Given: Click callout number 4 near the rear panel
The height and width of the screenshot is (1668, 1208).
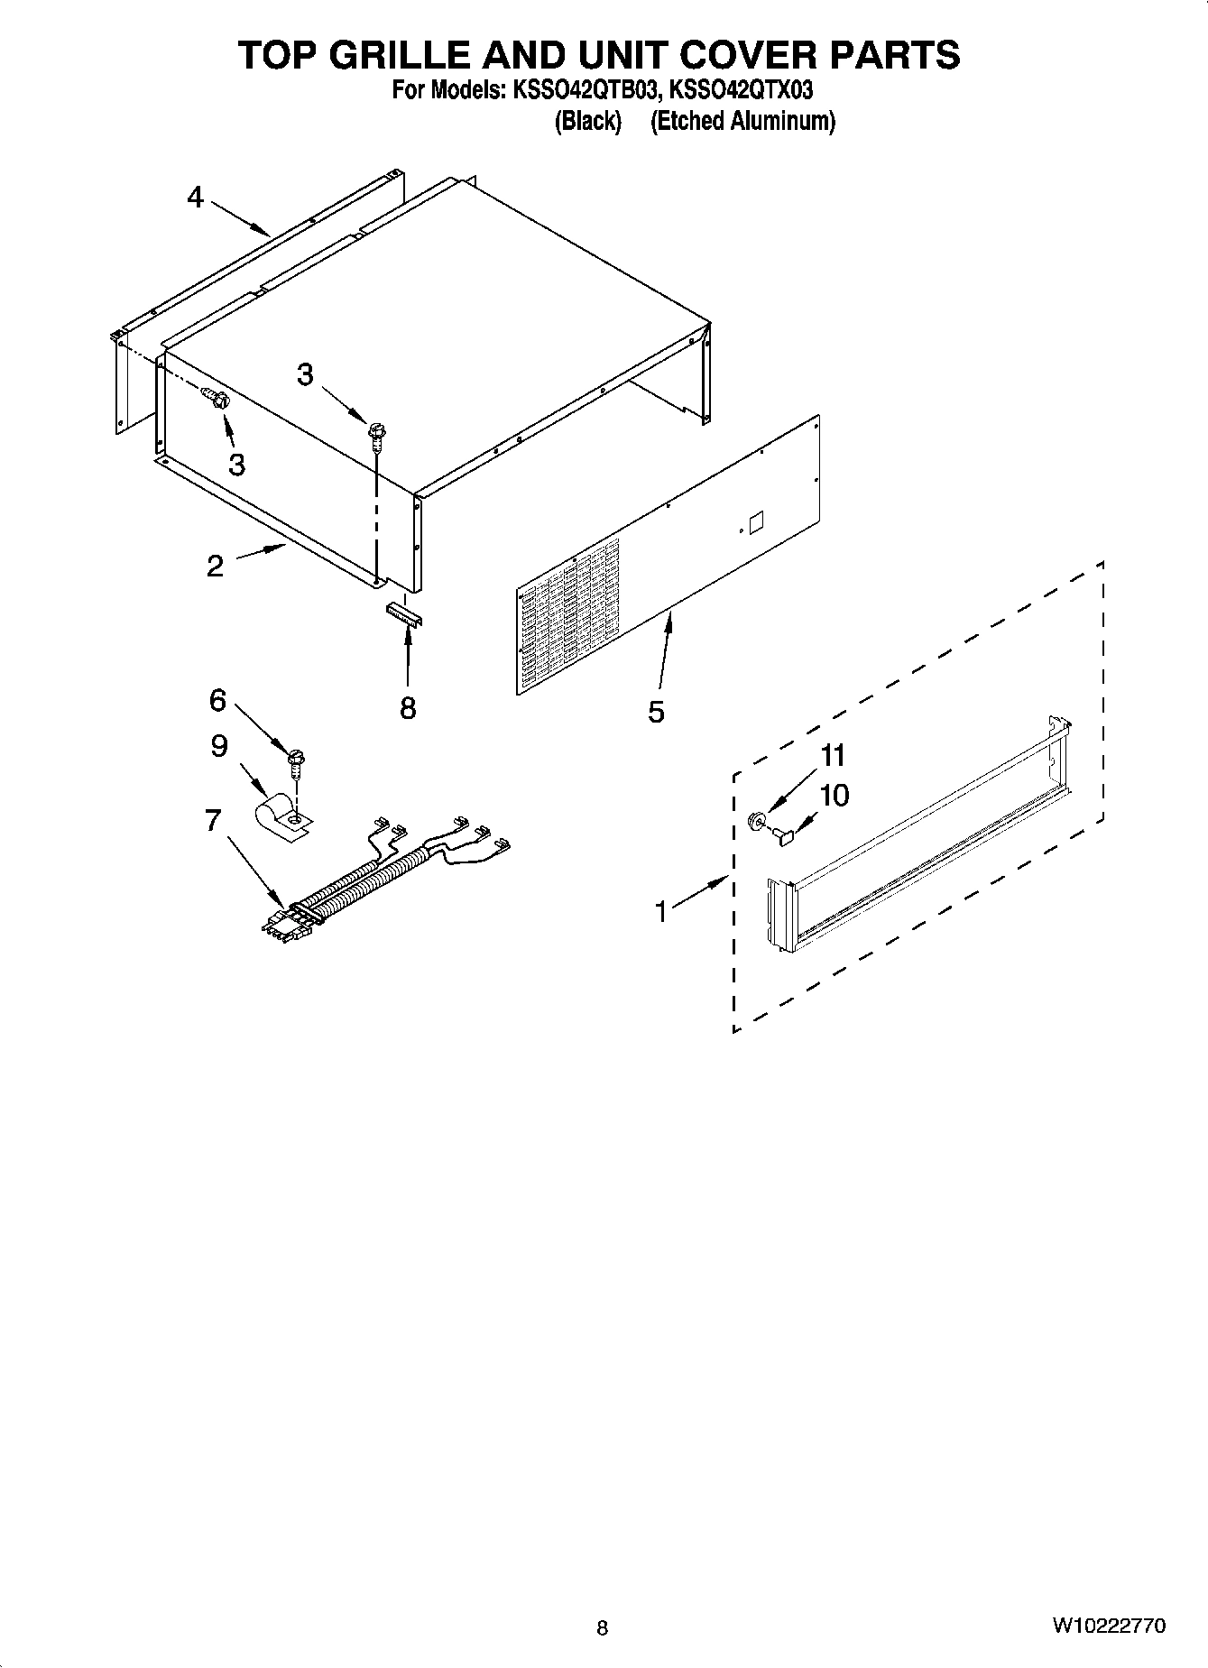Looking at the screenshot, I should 196,197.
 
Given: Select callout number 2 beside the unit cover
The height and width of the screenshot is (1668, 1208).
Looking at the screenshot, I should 215,566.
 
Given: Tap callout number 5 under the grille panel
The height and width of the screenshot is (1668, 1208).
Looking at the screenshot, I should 656,712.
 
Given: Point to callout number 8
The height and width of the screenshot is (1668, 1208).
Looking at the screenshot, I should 408,708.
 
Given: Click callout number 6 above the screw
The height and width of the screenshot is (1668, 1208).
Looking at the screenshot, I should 217,699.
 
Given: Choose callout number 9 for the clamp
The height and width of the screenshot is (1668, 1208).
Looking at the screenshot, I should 218,746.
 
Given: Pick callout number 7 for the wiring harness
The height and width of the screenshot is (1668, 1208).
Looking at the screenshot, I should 213,820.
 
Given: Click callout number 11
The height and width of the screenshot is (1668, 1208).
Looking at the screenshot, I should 832,754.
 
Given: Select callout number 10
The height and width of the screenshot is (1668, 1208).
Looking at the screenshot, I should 835,796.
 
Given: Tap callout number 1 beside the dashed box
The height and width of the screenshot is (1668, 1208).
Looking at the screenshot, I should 661,912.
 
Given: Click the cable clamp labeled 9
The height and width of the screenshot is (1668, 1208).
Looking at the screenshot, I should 282,815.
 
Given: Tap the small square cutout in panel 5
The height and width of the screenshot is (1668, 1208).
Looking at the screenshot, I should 756,522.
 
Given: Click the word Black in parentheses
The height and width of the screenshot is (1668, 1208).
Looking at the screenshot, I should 587,121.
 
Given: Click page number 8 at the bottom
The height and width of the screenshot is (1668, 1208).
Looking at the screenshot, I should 603,1627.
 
